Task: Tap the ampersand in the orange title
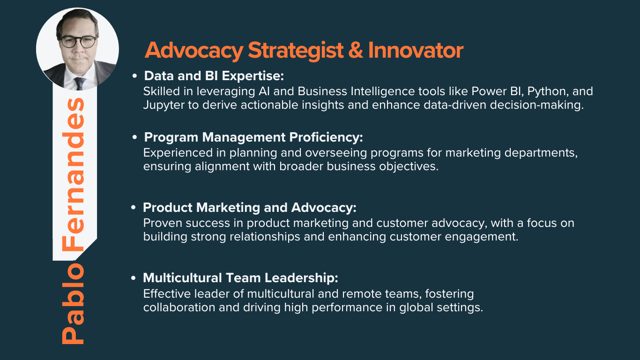coord(356,50)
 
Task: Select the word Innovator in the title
coord(416,50)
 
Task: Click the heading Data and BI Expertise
coord(214,76)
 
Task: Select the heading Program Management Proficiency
coord(253,137)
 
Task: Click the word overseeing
coord(336,153)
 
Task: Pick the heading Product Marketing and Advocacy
coord(250,208)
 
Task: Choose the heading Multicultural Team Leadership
coord(240,278)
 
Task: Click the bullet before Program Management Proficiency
coord(134,137)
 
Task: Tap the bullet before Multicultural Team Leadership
coord(133,278)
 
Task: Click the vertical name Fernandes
coord(73,175)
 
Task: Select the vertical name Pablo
coord(73,304)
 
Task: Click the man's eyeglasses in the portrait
coord(78,42)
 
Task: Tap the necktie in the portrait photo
coord(80,83)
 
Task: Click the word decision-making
coord(537,105)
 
